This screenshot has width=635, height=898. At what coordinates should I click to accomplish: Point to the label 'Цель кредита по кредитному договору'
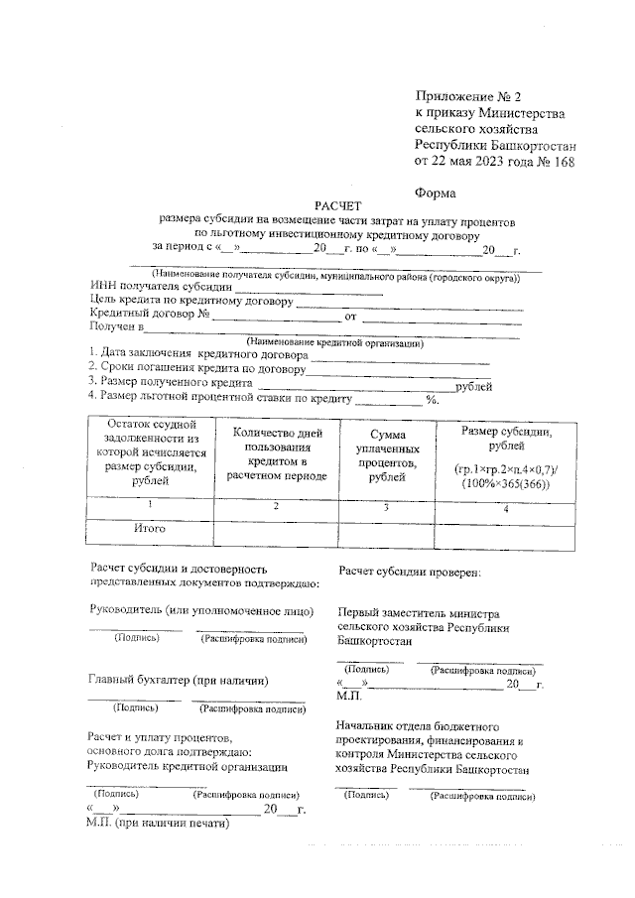point(190,302)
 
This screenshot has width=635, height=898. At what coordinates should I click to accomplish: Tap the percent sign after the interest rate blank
point(432,400)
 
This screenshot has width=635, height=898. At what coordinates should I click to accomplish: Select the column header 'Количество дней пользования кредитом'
point(276,453)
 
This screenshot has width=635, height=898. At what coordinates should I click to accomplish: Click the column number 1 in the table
point(149,506)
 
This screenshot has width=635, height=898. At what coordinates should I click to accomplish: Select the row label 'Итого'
point(150,528)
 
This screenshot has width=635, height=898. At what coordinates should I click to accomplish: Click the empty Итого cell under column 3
point(388,533)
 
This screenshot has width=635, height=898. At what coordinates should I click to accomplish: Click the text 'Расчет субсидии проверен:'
point(410,573)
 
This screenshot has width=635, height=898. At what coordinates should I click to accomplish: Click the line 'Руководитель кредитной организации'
point(188,766)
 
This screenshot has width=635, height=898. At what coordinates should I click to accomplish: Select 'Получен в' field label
point(117,326)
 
